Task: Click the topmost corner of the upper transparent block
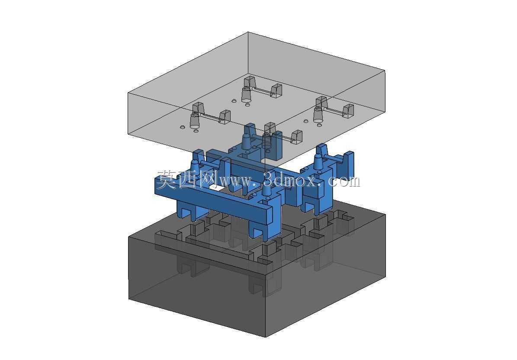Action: tap(248, 32)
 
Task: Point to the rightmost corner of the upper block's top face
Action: tap(385, 70)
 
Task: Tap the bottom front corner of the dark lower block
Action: tap(266, 337)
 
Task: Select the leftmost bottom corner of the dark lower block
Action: tap(129, 299)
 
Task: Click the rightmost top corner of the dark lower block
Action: tap(386, 215)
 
